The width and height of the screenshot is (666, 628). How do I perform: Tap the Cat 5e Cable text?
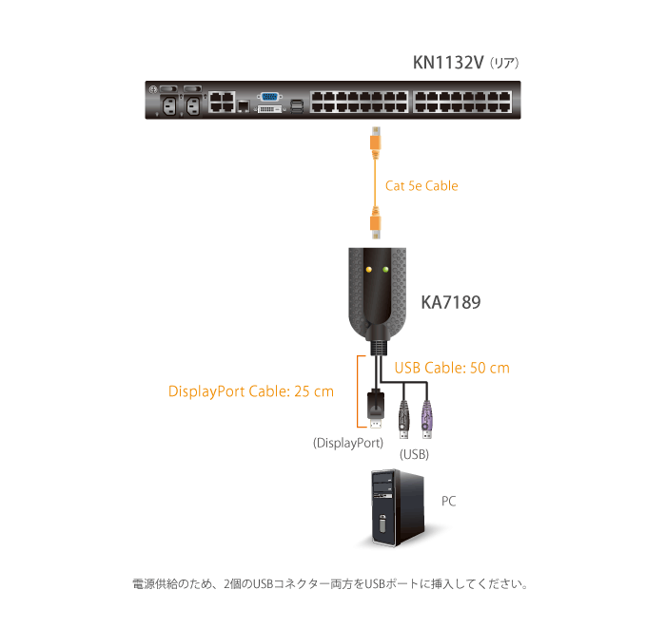(x=421, y=186)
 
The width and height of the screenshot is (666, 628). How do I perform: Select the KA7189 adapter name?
(x=450, y=304)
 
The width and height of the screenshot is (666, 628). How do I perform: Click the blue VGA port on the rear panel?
(x=269, y=97)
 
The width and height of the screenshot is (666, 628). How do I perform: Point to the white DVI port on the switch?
(x=269, y=110)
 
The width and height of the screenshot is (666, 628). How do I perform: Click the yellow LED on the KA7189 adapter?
(x=366, y=270)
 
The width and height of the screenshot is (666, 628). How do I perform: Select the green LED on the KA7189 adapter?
(x=385, y=270)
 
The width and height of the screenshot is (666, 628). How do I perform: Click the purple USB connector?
(x=425, y=417)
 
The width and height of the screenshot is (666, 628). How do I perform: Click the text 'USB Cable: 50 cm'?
(x=451, y=368)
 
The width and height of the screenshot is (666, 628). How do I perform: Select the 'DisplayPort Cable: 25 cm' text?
(x=250, y=390)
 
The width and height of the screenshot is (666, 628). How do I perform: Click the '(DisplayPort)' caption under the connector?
(x=347, y=443)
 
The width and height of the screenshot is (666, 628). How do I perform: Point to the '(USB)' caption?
(x=414, y=454)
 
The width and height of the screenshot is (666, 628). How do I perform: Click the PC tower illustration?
(x=392, y=509)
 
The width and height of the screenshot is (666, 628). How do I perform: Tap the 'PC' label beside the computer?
(x=448, y=501)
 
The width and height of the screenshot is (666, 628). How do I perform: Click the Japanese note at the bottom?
(x=327, y=581)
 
